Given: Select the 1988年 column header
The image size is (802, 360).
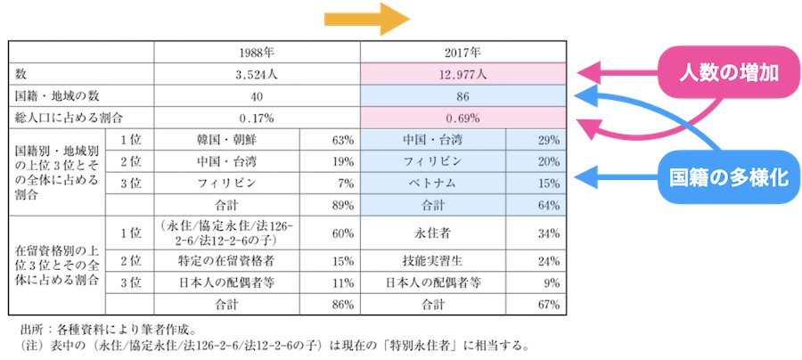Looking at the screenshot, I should (x=257, y=52).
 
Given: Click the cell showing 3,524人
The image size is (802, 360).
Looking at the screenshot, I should (x=257, y=74).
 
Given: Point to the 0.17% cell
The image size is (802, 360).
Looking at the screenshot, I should (x=257, y=117).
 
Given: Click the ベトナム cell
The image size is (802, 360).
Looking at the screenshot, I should (x=433, y=183).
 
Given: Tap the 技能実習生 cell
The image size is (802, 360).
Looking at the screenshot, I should (x=433, y=261).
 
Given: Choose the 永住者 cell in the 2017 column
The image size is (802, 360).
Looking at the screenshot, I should (x=433, y=233).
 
